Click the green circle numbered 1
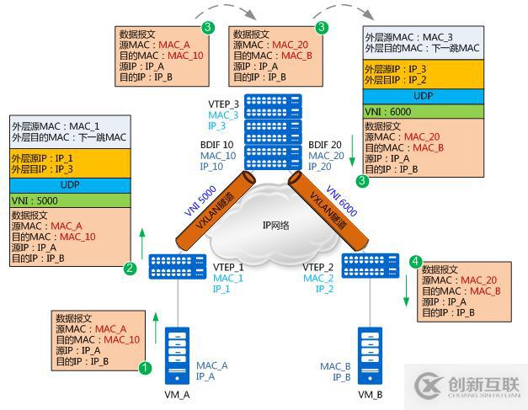[x=145, y=367]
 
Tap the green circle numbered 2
[x=131, y=269]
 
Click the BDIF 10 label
[x=217, y=144]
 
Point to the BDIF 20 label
[x=326, y=144]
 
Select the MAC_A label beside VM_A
[x=211, y=365]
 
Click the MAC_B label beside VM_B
[x=335, y=365]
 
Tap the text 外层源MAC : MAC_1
[x=51, y=125]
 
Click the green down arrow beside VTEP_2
[x=408, y=291]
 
